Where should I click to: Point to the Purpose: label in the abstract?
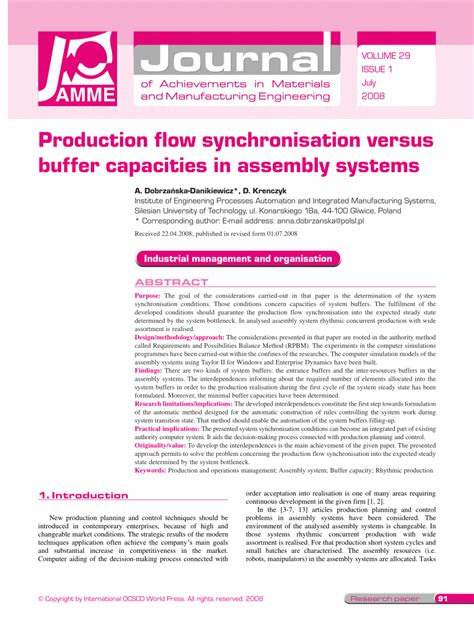click(x=147, y=296)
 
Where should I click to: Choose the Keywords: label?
click(x=151, y=468)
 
